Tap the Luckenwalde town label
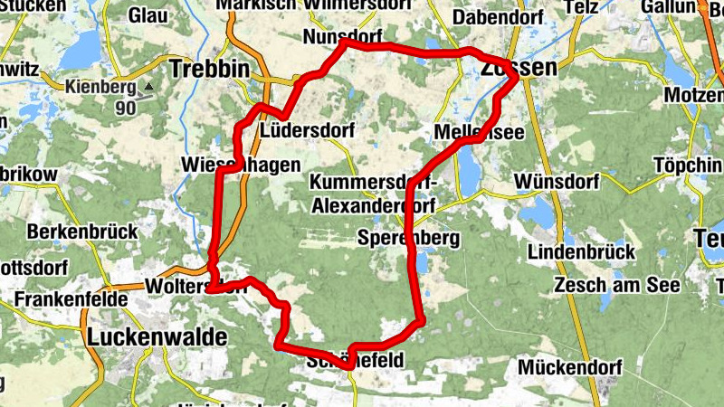tap(157, 337)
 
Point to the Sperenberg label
tap(409, 239)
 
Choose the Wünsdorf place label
tap(556, 182)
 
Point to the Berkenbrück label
tap(82, 232)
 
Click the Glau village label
tap(149, 15)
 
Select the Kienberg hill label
tap(100, 88)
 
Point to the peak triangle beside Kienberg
tap(146, 88)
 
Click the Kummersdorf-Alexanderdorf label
tap(372, 194)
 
